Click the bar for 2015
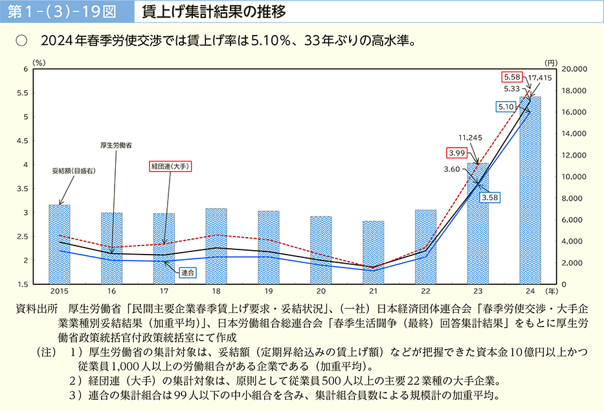point(60,244)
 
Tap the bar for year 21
point(373,252)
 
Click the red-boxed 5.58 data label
point(512,76)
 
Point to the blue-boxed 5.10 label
point(506,106)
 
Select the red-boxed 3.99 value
point(456,153)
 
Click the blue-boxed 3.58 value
point(489,196)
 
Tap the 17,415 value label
point(539,78)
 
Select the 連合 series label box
point(188,273)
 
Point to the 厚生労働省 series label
point(116,146)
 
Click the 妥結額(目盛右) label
point(74,171)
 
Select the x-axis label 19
point(268,292)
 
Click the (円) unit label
point(550,63)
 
